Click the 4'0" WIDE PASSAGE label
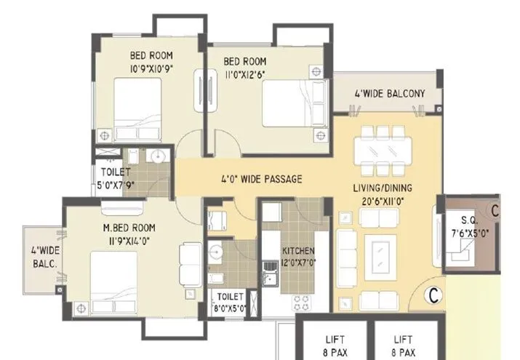pos(261,179)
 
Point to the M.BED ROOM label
pos(128,227)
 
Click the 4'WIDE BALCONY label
pos(389,94)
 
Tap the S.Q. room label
pos(468,220)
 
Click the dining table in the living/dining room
pos(382,151)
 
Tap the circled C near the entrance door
pos(433,295)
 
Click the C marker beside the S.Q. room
pos(495,211)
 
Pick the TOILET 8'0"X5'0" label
pos(229,301)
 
